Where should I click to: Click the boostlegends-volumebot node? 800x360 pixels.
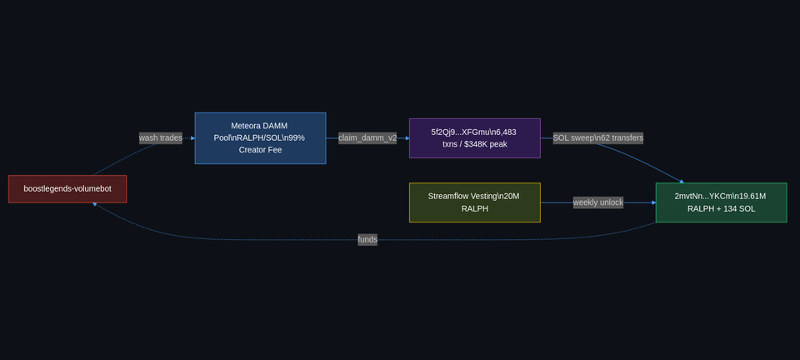pyautogui.click(x=67, y=188)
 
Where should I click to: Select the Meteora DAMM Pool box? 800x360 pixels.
pyautogui.click(x=260, y=138)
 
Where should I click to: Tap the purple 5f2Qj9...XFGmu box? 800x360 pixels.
pyautogui.click(x=474, y=138)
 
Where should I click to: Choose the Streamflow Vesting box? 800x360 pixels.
pyautogui.click(x=474, y=202)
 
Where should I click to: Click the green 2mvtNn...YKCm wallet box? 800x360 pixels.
pyautogui.click(x=721, y=202)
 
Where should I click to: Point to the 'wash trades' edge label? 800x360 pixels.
pyautogui.click(x=160, y=138)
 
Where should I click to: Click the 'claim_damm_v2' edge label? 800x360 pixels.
pyautogui.click(x=367, y=138)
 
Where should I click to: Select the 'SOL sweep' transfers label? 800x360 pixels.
pyautogui.click(x=597, y=138)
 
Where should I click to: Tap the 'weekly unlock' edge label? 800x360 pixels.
pyautogui.click(x=597, y=202)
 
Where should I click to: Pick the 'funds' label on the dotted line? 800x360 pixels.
pyautogui.click(x=367, y=240)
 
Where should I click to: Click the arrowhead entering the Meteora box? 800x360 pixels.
pyautogui.click(x=192, y=138)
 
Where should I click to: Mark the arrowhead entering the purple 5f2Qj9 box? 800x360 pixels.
pyautogui.click(x=407, y=138)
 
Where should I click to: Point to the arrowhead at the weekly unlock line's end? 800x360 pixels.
pyautogui.click(x=653, y=202)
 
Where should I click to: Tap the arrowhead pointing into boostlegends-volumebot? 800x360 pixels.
pyautogui.click(x=95, y=204)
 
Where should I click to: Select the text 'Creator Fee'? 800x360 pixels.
pyautogui.click(x=260, y=150)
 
